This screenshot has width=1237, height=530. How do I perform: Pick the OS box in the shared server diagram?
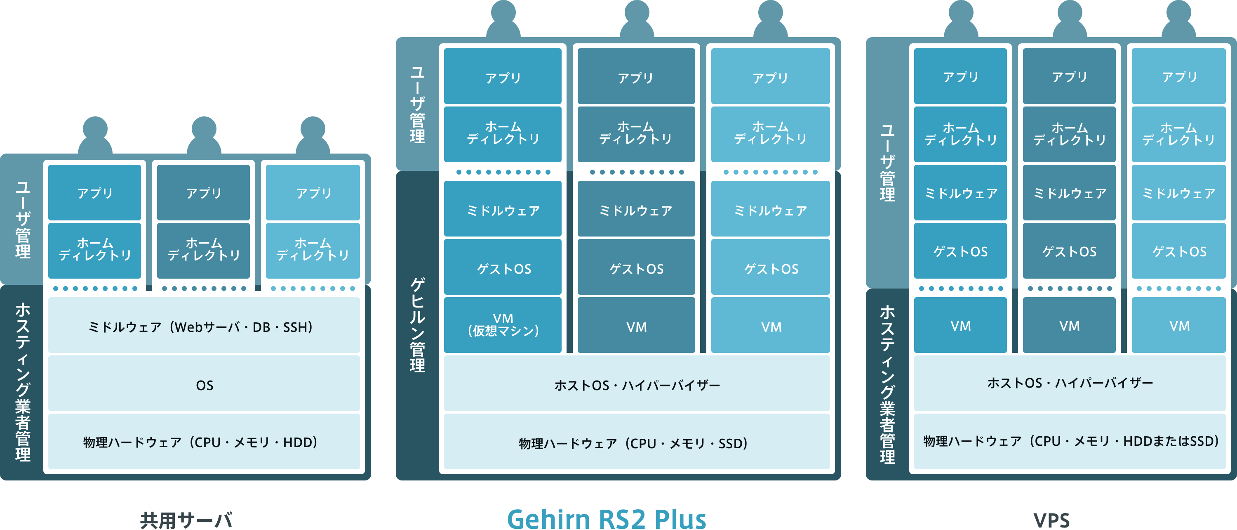(204, 384)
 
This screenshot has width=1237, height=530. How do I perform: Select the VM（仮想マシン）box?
(503, 325)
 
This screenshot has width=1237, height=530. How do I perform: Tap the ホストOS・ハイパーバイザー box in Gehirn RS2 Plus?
(637, 384)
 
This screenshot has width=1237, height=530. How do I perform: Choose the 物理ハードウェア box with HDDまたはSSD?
(1070, 440)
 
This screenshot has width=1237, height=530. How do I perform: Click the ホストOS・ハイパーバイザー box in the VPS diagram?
(1070, 383)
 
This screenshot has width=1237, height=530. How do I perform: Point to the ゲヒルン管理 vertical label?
(417, 325)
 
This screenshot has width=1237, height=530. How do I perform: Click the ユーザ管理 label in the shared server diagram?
(23, 219)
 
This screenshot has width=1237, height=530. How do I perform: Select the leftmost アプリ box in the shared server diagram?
(94, 193)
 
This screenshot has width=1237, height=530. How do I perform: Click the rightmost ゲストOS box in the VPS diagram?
(1179, 251)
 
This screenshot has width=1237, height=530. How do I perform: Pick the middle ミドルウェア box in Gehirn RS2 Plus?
(636, 210)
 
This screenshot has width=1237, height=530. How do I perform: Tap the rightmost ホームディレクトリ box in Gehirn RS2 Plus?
(770, 133)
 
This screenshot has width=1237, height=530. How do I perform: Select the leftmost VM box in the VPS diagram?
(960, 325)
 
